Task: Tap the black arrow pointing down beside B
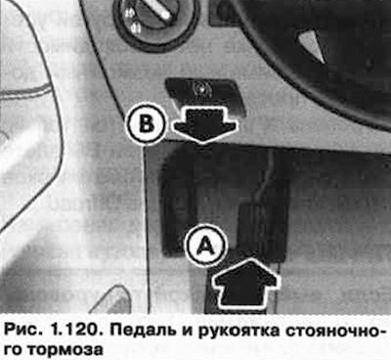[x=203, y=125]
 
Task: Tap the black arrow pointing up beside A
[x=246, y=282]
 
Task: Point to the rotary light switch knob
[x=153, y=17]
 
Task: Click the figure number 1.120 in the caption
[x=76, y=331]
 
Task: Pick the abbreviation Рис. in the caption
[x=22, y=332]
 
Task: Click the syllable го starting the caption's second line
[x=15, y=349]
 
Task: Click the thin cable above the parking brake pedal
[x=265, y=176]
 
